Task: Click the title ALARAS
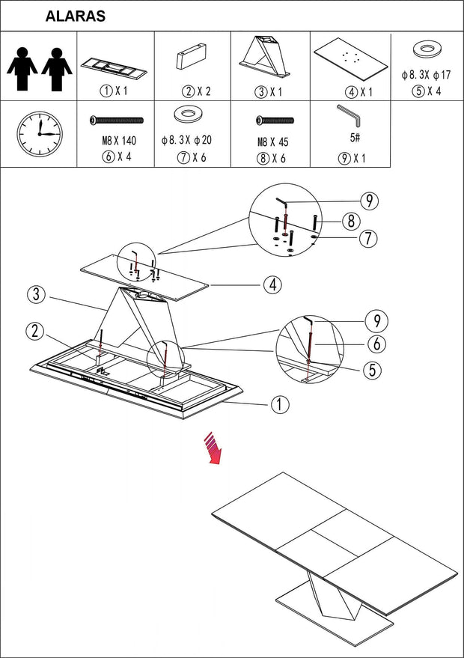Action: [75, 16]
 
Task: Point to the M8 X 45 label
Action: [272, 141]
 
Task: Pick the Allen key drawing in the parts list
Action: [349, 116]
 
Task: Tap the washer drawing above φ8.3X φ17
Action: [426, 51]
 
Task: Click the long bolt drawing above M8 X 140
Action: [116, 120]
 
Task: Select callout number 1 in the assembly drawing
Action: [279, 405]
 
